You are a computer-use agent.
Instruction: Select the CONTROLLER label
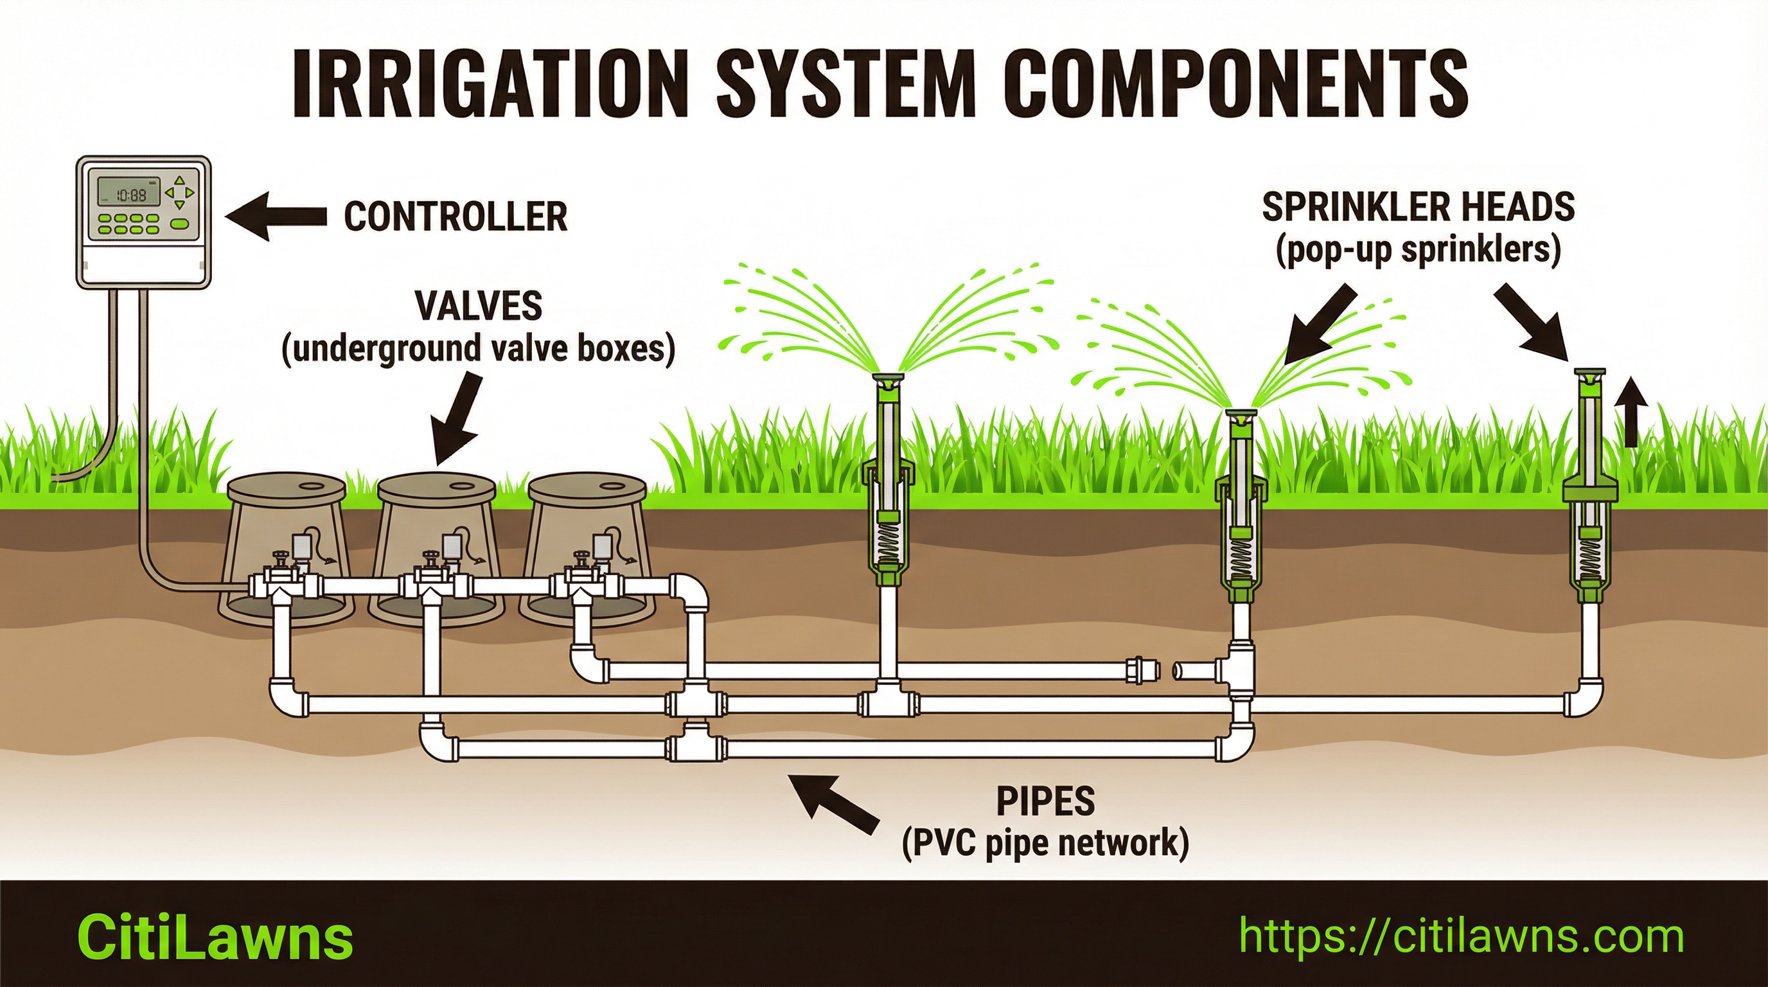click(455, 216)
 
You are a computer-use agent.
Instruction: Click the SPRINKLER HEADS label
click(1418, 208)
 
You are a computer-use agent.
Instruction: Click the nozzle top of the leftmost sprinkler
click(887, 379)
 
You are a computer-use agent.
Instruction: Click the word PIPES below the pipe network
click(1045, 801)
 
